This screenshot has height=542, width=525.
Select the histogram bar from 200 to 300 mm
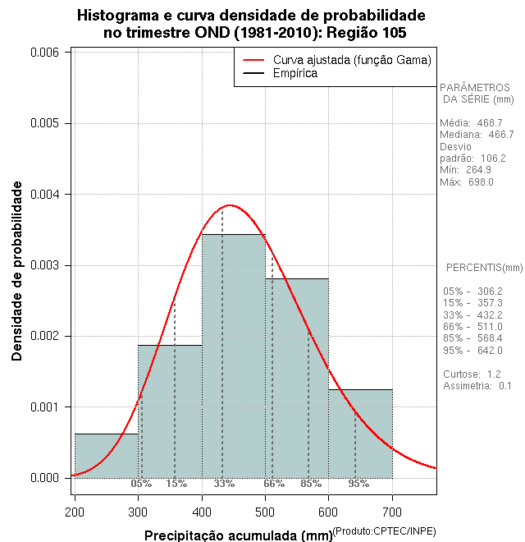coord(107,456)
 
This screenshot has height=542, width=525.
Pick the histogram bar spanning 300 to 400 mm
coord(170,411)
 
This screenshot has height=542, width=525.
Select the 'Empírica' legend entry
coord(295,73)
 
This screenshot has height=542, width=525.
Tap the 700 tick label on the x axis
coord(392,513)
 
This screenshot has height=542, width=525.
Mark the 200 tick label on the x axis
coord(75,513)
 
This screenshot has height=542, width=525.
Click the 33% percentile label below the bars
coord(224,484)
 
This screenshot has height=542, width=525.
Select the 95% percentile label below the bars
coord(358,484)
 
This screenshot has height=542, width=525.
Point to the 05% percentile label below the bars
coord(141,484)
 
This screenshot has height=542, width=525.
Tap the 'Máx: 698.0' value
coord(467,181)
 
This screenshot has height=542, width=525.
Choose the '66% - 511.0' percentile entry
coord(472,327)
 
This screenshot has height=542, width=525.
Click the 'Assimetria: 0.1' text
coord(477,385)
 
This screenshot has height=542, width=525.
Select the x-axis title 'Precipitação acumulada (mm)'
coord(238,536)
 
